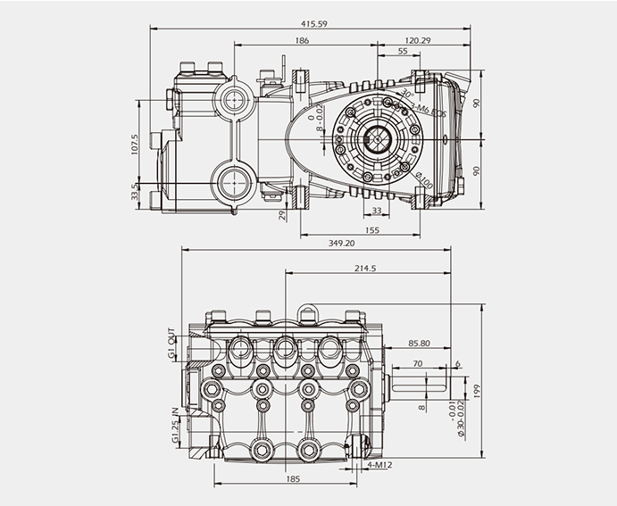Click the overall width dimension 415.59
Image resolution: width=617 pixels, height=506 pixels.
click(307, 23)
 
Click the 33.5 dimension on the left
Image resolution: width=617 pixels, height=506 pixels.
click(135, 192)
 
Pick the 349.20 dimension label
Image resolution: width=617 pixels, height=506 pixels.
click(342, 243)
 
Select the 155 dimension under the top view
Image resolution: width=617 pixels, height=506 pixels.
click(372, 230)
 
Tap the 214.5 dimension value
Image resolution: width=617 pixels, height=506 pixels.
click(364, 268)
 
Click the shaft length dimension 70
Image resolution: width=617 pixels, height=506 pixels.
click(417, 363)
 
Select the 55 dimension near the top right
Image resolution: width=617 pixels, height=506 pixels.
click(403, 53)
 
